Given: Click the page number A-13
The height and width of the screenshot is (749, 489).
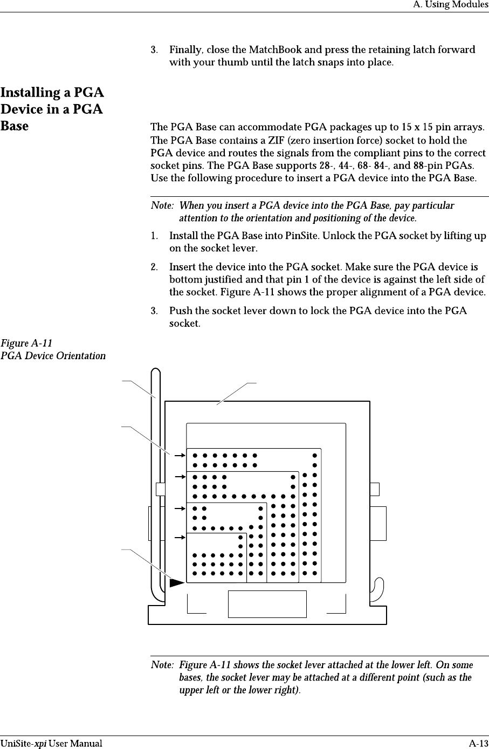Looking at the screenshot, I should click(478, 744).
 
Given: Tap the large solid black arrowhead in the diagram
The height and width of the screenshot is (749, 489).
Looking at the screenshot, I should click(176, 582).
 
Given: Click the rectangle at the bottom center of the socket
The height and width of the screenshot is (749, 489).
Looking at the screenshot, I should click(267, 604).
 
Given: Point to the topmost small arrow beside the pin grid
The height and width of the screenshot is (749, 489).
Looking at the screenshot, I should click(180, 455).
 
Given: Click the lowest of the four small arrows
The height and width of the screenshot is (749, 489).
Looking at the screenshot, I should click(180, 537).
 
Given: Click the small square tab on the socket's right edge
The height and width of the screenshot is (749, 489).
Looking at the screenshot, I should click(375, 489).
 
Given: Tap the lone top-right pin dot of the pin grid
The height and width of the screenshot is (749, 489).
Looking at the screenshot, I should click(315, 455).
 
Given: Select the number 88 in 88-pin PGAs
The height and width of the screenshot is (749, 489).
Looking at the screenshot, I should click(417, 165).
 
